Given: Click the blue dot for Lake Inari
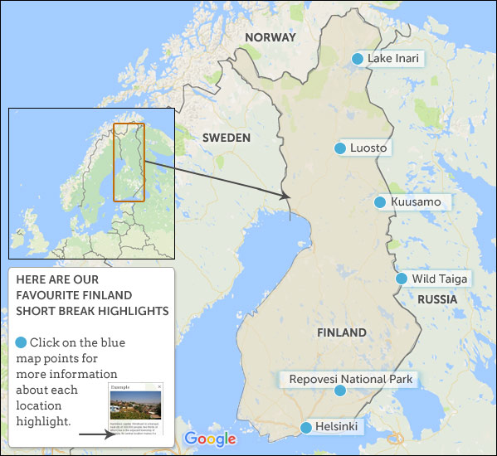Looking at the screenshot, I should coord(358,59).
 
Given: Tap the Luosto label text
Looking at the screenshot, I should coord(369,148).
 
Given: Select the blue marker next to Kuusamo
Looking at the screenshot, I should coord(380,202).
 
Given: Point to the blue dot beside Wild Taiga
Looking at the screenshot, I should coord(402,279).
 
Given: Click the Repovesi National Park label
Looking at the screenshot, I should coord(349,379).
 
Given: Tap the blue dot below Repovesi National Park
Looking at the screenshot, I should coord(339,391).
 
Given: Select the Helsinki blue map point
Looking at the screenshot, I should coord(307,428).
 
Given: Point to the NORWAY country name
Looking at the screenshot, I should coord(270,37).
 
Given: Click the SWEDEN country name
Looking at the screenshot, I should coord(227,138).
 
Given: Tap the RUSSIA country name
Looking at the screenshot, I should coord(437,298).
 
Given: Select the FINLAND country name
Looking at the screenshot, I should coord(341,332).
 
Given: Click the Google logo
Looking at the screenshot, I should coord(210,439).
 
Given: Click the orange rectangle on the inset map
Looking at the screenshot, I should coord(129,162).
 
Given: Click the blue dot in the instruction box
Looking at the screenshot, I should coord(21,342).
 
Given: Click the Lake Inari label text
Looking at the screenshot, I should coord(395,59).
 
